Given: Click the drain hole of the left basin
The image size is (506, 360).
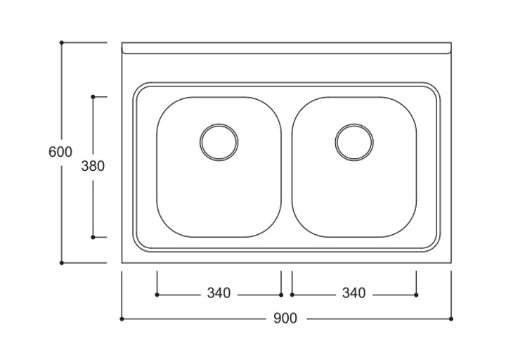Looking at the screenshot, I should (219, 142).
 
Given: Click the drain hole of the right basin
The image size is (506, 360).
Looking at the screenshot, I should (354, 142).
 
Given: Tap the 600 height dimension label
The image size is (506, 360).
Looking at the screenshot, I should (60, 152).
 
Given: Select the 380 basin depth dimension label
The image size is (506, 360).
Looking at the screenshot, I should (93, 167).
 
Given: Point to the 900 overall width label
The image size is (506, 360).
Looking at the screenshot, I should (285, 319).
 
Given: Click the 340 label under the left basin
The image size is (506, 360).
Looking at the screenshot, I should (219, 294).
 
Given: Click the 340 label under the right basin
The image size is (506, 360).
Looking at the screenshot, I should (353, 294).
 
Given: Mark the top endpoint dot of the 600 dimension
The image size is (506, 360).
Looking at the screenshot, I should (62, 43).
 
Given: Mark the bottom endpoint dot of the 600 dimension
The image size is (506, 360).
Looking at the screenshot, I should (62, 263).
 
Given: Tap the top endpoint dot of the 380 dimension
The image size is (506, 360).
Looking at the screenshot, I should (93, 97).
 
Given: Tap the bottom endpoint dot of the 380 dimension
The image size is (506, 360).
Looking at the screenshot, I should (93, 238).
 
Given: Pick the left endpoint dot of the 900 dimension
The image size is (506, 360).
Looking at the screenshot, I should (122, 319).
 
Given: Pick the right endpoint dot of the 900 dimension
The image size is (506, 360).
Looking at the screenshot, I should (450, 319).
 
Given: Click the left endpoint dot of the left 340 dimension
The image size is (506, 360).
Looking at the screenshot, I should (157, 295).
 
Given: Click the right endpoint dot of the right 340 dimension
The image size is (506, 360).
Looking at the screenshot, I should (416, 295).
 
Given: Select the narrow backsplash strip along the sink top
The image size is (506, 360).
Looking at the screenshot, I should (286, 48).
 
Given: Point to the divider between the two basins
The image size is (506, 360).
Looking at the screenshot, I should (287, 167).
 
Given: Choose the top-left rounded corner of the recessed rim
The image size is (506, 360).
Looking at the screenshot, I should (140, 89).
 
